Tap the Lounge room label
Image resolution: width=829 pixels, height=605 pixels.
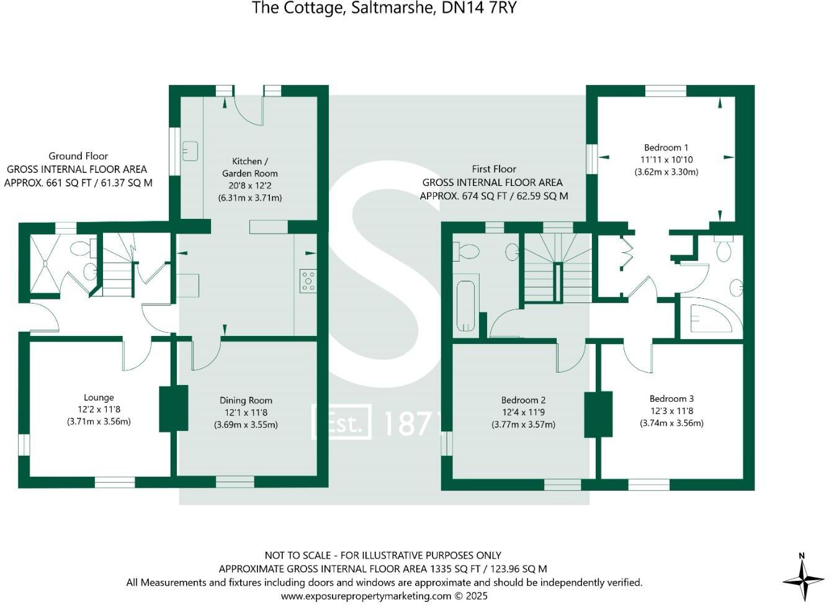tap(99, 398)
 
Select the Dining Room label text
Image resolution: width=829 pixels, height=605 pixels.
tap(246, 400)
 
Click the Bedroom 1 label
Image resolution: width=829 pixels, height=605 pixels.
tap(666, 148)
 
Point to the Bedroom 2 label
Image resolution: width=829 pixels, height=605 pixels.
tap(523, 400)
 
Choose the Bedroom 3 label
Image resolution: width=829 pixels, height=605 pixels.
tap(671, 399)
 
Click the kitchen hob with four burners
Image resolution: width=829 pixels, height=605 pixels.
tap(308, 280)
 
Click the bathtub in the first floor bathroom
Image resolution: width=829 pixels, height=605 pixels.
tap(465, 306)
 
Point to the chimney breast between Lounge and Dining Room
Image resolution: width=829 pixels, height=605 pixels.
tap(174, 408)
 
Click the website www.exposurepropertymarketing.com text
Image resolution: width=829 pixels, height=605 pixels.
tap(366, 596)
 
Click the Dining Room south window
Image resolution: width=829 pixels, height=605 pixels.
tap(235, 482)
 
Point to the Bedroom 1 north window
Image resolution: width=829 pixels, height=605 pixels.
tap(665, 91)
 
